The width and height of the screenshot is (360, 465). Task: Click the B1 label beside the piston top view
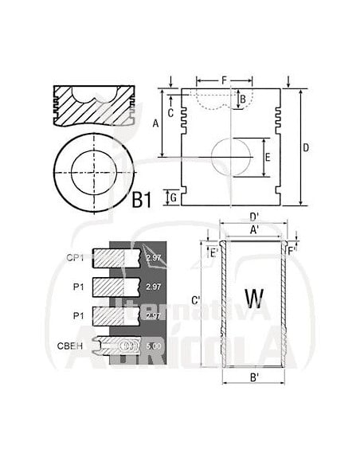point(141,201)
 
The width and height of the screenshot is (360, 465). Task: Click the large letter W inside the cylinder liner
point(253,299)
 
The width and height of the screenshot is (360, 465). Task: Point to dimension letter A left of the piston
point(156,123)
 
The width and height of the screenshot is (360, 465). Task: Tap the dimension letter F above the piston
point(225,80)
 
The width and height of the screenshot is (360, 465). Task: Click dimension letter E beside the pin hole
point(268,157)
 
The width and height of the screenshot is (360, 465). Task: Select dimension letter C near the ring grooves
point(171,111)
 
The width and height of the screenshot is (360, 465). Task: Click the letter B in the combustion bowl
point(243,99)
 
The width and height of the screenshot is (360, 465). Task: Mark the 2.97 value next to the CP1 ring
point(154,257)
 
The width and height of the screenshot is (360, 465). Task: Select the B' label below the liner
point(252,377)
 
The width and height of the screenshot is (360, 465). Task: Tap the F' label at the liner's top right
point(292,253)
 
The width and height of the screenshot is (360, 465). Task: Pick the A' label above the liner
point(253,230)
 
